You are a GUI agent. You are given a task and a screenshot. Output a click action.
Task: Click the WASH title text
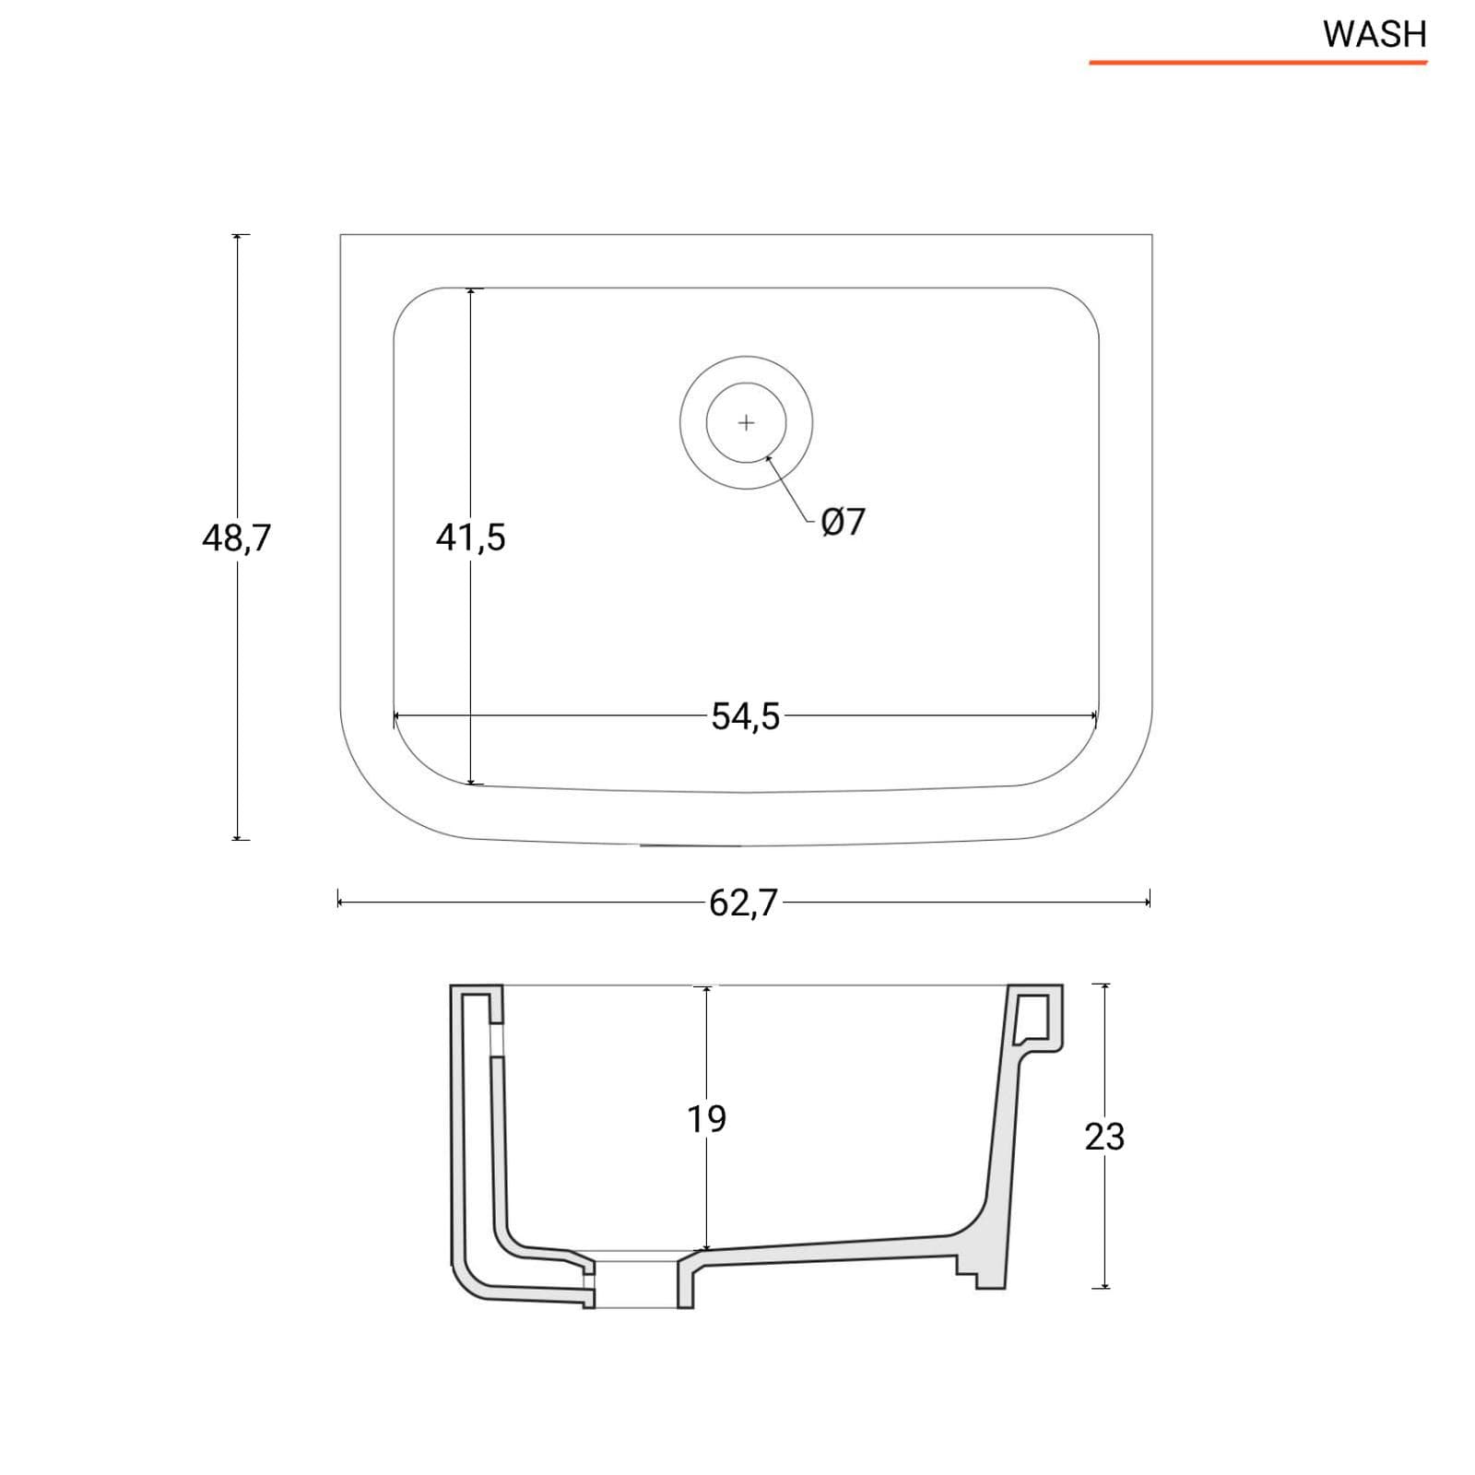coord(1375,34)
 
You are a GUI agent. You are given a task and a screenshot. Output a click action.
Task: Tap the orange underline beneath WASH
coord(1257,63)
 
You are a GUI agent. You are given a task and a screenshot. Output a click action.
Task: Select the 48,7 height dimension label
coord(237,537)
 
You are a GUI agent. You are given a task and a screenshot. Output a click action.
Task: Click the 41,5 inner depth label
coord(470,537)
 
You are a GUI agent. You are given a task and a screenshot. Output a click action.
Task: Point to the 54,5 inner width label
coord(745,716)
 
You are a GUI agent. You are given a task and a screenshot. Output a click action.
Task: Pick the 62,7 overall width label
coord(744,903)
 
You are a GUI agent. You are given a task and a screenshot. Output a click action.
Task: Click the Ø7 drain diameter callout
coord(843,522)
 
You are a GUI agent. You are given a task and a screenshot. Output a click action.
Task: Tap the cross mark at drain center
coord(747,423)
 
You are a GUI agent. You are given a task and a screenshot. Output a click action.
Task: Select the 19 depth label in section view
coord(706,1119)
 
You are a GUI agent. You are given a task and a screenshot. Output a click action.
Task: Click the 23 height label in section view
coord(1104,1138)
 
